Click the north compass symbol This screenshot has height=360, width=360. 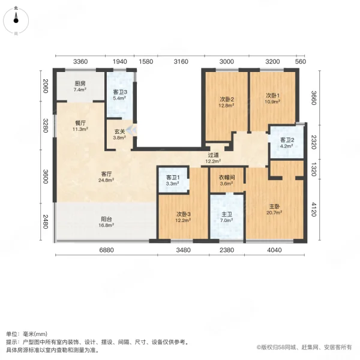(16, 18)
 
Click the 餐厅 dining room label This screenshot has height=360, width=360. (80, 123)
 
